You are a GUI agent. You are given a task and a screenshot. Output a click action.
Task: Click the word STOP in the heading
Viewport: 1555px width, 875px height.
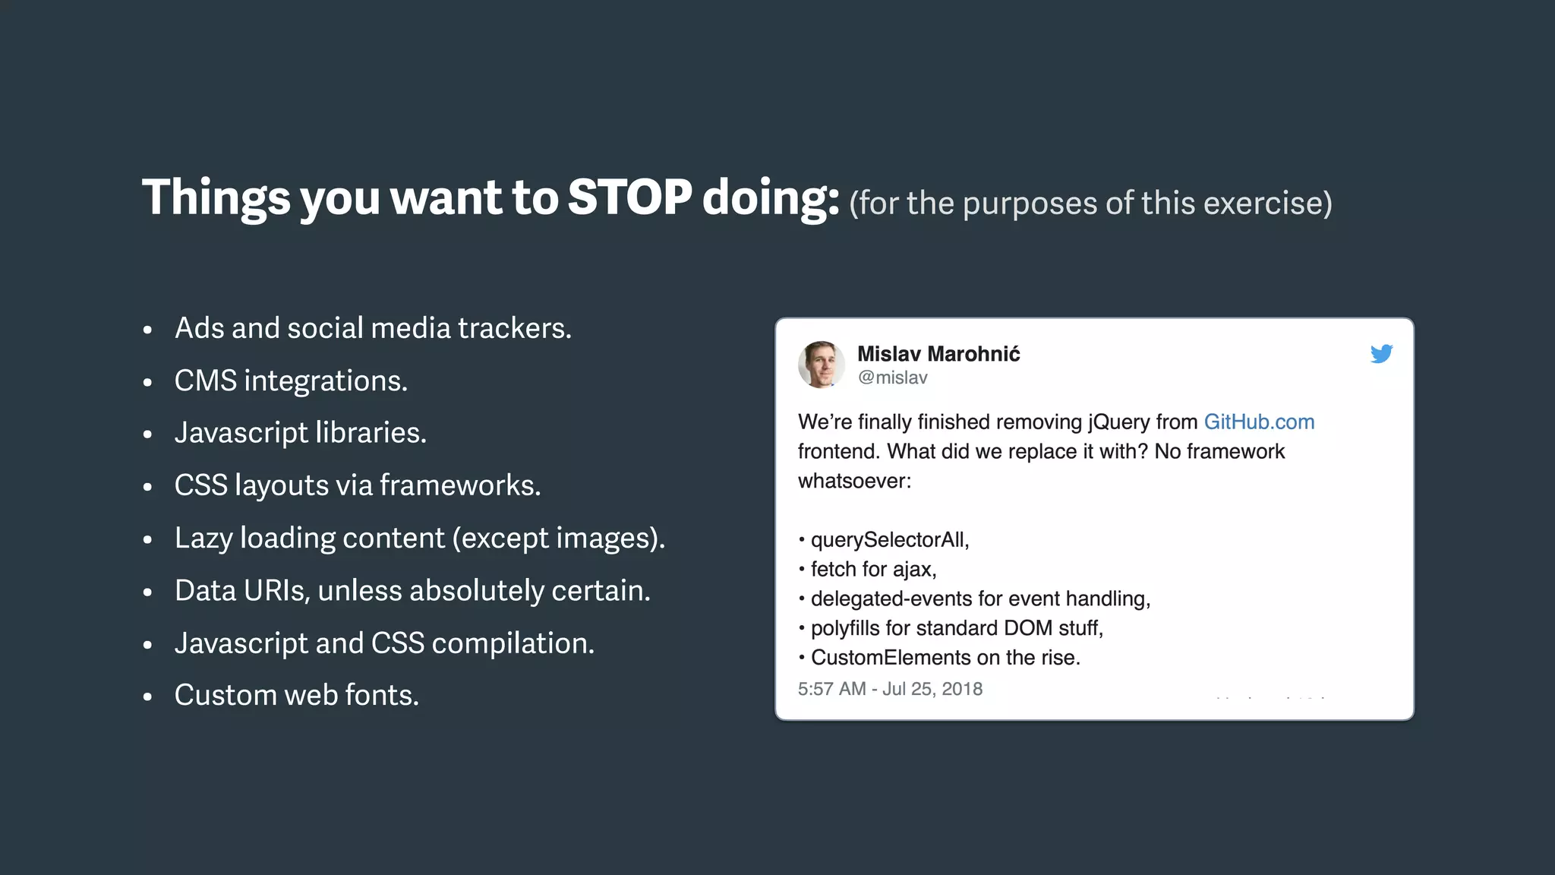click(629, 197)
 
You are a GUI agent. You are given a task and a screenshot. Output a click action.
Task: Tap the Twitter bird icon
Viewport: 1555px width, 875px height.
click(1381, 354)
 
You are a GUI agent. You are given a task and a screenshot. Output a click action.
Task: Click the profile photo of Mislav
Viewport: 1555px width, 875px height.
click(821, 365)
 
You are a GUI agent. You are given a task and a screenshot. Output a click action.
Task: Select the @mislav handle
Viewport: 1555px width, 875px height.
click(892, 378)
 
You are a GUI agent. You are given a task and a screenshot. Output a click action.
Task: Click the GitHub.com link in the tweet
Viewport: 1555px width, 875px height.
click(1259, 422)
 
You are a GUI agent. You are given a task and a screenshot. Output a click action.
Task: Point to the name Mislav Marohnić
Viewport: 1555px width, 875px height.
click(938, 354)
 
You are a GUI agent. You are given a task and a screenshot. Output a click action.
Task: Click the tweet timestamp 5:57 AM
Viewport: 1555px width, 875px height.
click(831, 689)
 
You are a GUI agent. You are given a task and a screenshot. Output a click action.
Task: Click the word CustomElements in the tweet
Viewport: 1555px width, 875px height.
click(891, 658)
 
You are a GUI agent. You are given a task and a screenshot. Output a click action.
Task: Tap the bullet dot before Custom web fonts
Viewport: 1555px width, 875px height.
click(148, 697)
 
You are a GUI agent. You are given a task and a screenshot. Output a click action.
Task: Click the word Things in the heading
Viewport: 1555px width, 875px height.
click(216, 197)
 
